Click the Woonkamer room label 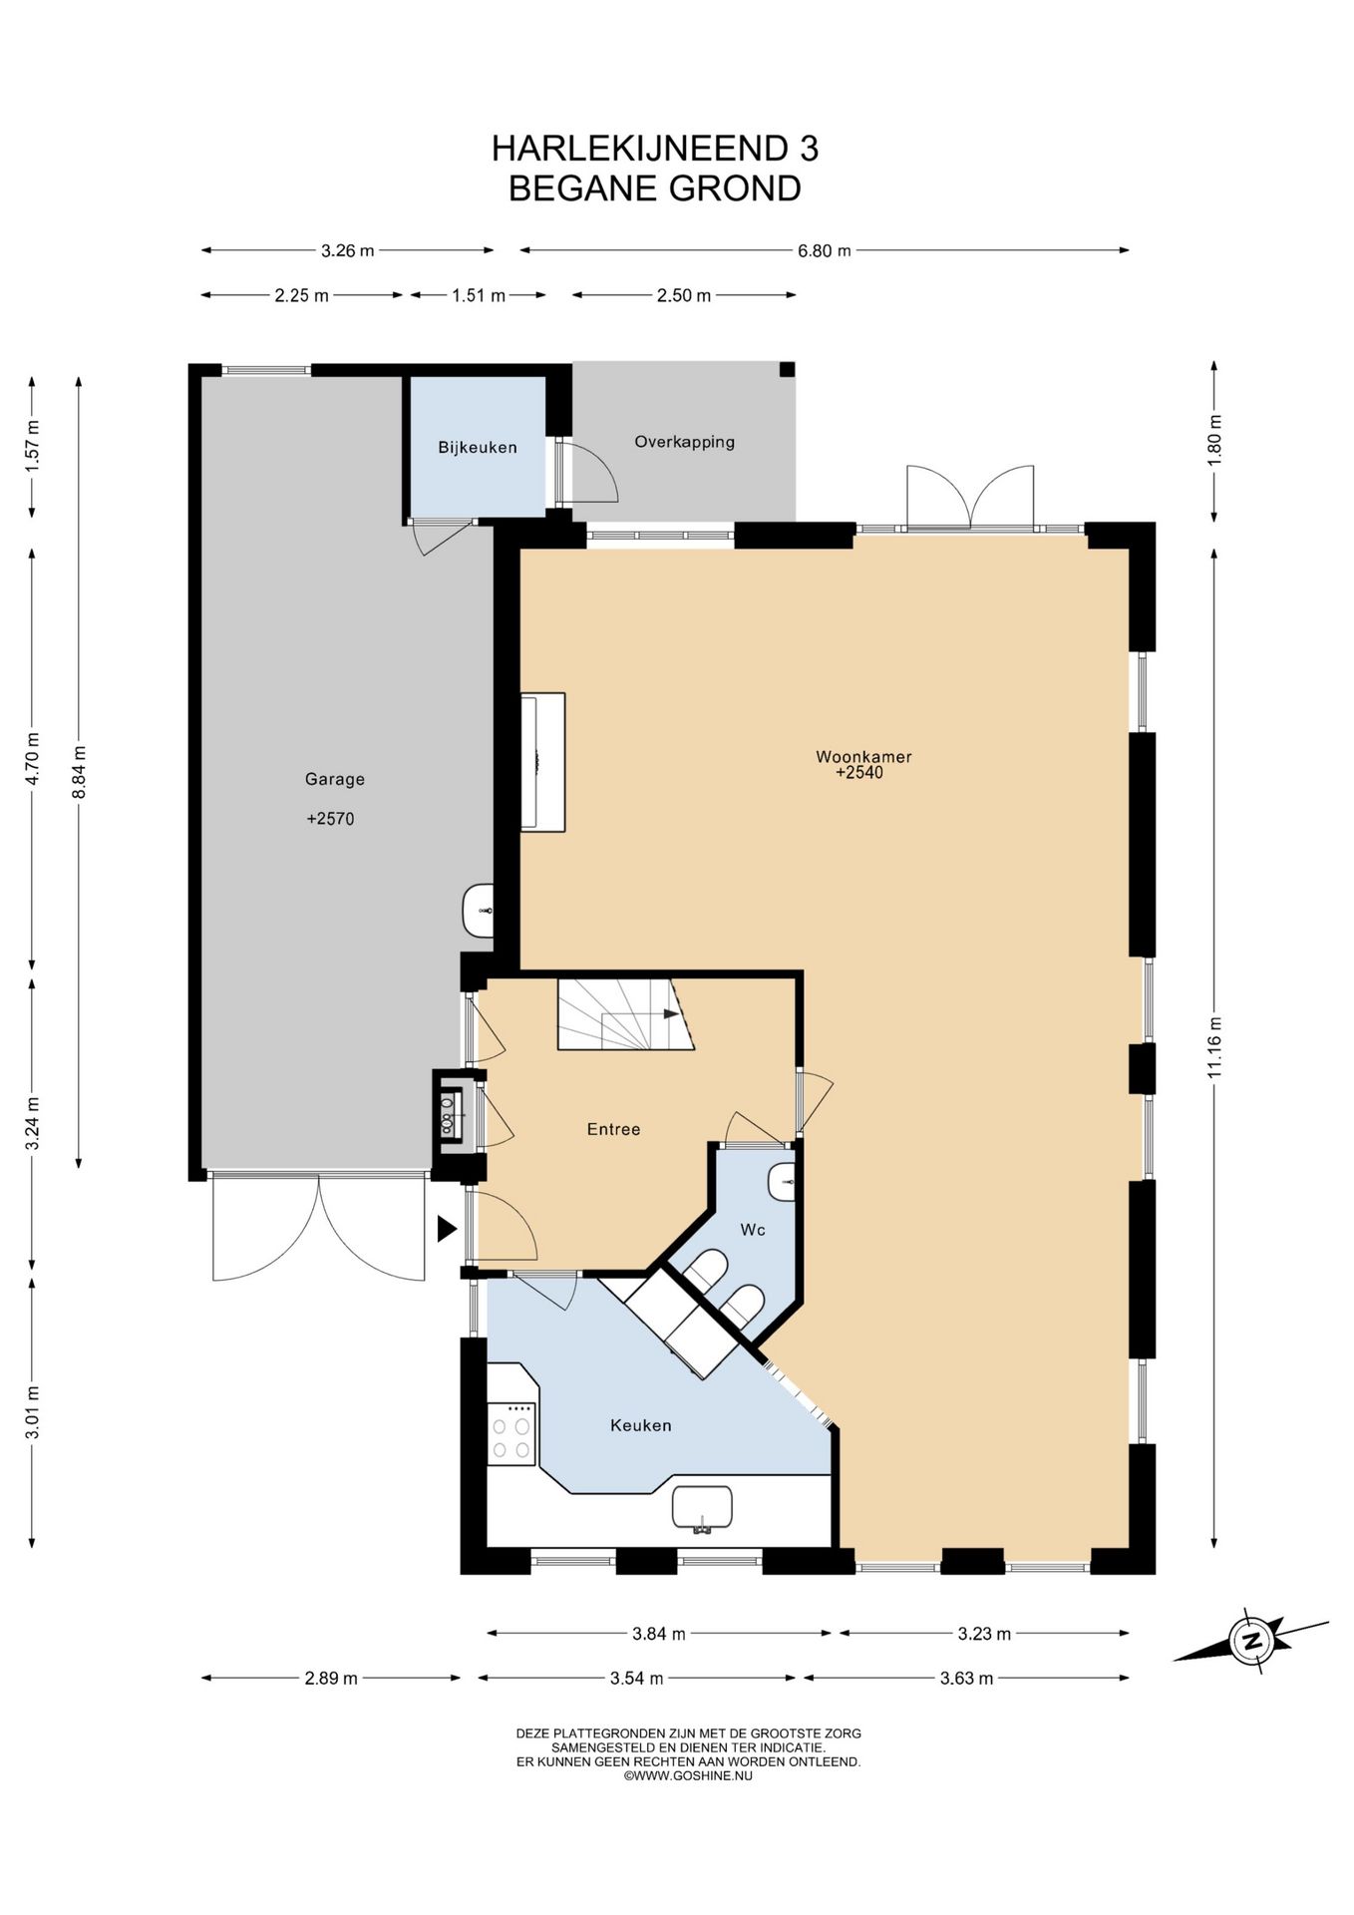point(863,756)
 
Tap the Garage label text point(335,779)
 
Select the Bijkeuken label point(478,447)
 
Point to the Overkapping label point(685,441)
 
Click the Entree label point(613,1129)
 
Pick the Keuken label point(641,1425)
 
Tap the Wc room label point(753,1230)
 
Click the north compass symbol point(1250,1640)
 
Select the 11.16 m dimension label point(1214,1047)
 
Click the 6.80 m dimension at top point(825,250)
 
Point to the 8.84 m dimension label point(79,771)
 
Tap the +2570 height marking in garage point(330,819)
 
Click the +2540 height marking point(859,772)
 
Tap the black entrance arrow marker point(447,1229)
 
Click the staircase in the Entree point(625,1013)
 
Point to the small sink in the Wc point(782,1182)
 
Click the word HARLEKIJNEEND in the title point(640,149)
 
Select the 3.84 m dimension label point(659,1634)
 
